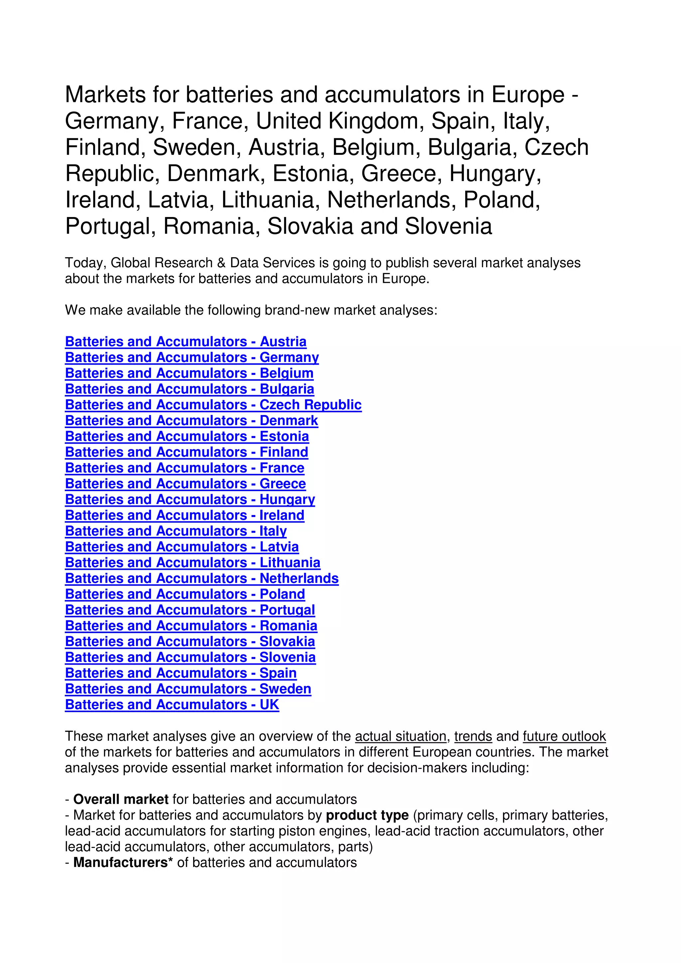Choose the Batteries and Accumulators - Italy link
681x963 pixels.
(x=176, y=531)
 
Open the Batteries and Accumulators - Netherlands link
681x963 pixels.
(x=202, y=579)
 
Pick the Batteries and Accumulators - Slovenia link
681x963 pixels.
(x=190, y=657)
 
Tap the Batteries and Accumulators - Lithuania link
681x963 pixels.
(x=193, y=563)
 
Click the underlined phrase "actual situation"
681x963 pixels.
(x=401, y=736)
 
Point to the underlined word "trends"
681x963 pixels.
(x=473, y=736)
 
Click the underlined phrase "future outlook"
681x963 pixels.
(x=564, y=736)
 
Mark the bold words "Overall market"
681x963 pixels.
(x=121, y=800)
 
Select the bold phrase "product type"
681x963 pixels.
(x=367, y=815)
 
